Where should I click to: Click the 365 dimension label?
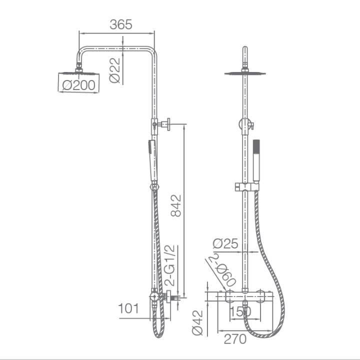pos(121,24)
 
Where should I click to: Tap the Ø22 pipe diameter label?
pos(115,70)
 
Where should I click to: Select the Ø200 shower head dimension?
pos(79,85)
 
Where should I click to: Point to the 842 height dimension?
pos(176,205)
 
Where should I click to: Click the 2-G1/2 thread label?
pos(170,265)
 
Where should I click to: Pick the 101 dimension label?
pos(128,308)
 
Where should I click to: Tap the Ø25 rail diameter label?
pos(225,243)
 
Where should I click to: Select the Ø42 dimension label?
pos(197,323)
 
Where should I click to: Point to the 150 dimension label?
pos(240,311)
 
